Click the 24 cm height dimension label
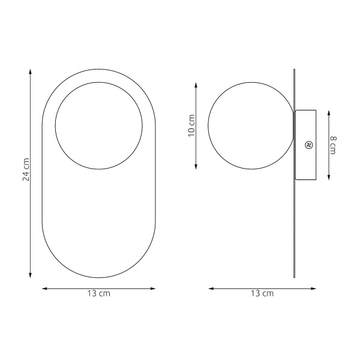coord(26,169)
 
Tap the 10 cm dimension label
coord(191,125)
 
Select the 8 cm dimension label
coord(333,145)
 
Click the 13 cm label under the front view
coord(99,293)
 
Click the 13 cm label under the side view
coord(262,293)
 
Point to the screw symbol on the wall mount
coord(308,145)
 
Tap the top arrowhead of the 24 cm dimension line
coord(30,71)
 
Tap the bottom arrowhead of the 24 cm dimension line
coord(30,275)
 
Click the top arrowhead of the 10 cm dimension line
coord(196,85)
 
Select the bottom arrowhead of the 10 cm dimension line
coord(196,166)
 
